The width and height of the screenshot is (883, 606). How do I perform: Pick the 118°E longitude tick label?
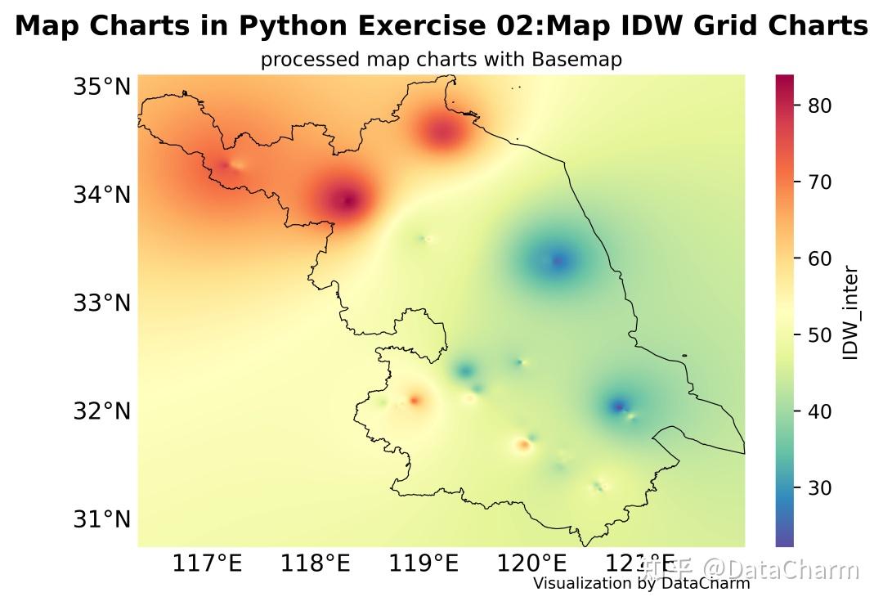point(318,563)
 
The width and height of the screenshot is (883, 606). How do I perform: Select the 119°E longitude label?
point(424,563)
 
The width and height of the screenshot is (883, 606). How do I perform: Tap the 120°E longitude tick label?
point(533,563)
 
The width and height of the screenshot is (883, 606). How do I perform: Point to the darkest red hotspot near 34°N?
point(347,200)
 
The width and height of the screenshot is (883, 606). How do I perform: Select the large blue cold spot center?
point(558,261)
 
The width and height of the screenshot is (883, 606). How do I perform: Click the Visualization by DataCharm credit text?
point(641,583)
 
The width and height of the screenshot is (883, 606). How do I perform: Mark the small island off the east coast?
point(684,355)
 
